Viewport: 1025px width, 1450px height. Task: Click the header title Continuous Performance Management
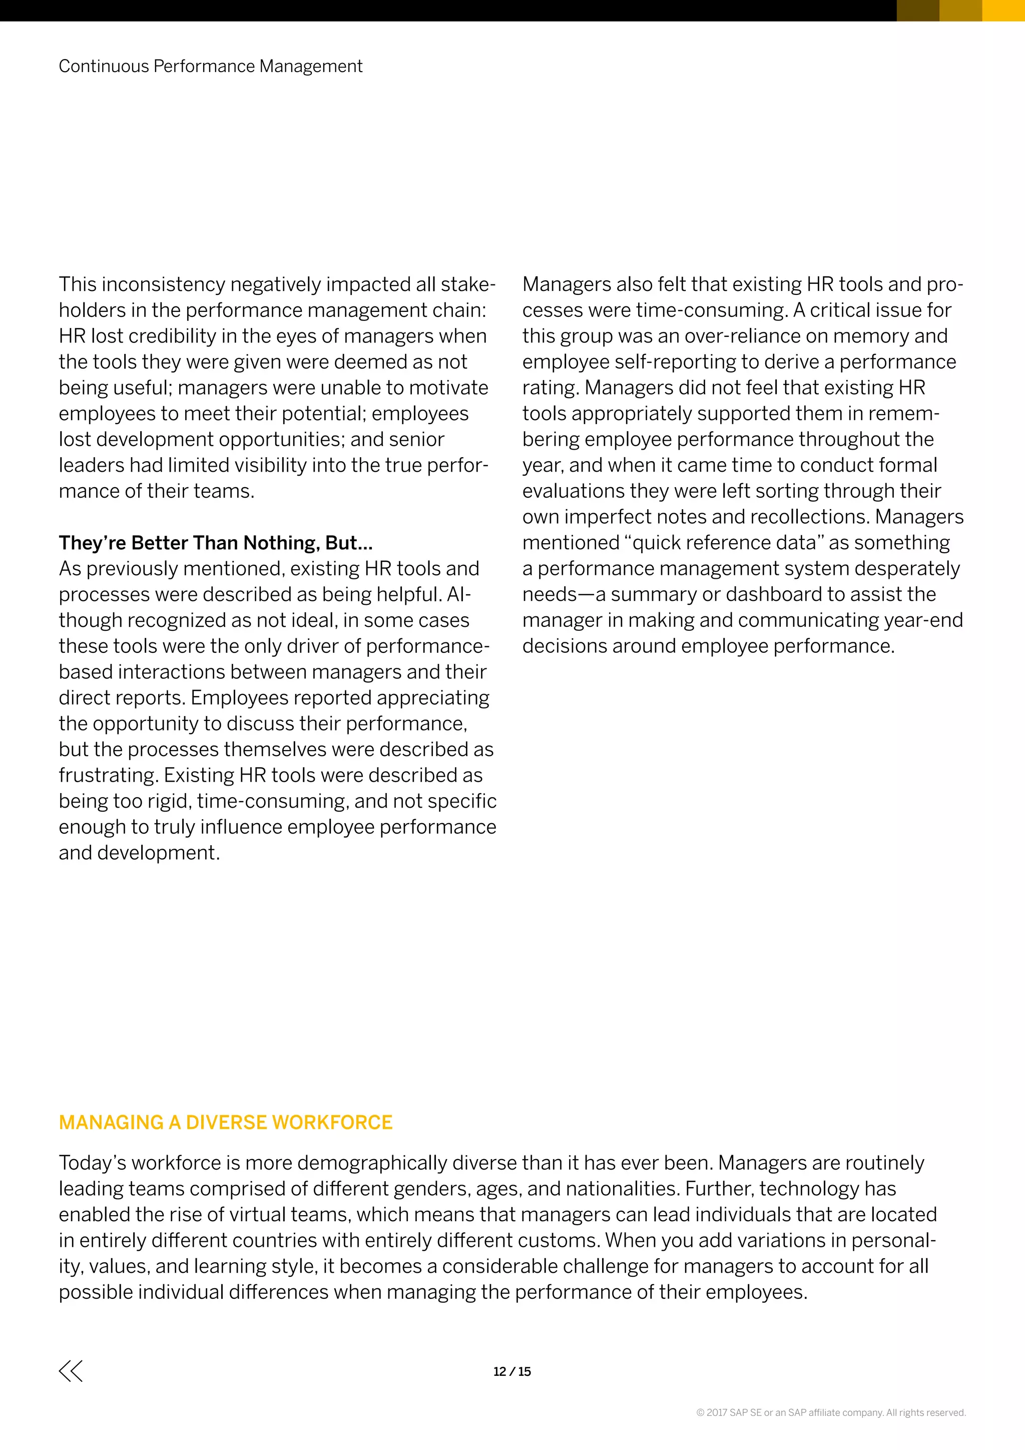tap(210, 66)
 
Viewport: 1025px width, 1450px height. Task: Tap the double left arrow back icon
tap(71, 1371)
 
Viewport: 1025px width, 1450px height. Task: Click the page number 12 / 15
tap(512, 1372)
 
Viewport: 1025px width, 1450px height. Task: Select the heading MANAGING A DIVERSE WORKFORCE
tap(225, 1122)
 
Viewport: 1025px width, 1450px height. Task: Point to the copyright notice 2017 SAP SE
tap(831, 1413)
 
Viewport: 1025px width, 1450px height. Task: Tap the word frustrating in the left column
tap(108, 775)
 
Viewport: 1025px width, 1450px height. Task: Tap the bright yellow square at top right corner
tap(1003, 10)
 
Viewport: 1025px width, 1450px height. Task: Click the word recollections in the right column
tap(800, 517)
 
